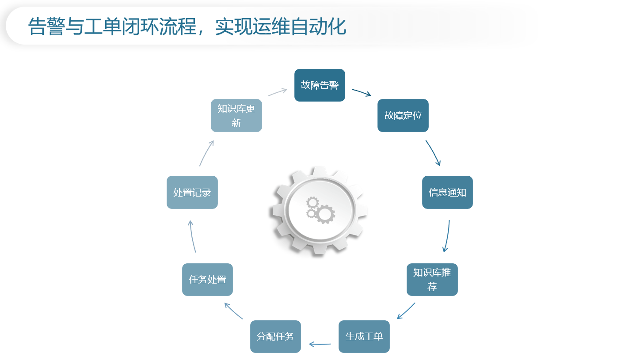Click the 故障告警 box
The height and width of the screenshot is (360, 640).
320,85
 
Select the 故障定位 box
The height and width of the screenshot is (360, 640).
403,115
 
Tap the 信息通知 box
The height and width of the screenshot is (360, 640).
447,192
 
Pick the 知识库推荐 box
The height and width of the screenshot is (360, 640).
432,280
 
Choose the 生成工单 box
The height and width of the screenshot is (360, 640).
364,336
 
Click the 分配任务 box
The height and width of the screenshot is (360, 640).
275,336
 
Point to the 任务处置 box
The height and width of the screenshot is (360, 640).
207,280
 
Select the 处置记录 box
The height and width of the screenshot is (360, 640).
192,192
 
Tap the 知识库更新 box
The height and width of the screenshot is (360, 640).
236,115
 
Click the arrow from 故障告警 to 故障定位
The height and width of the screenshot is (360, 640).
361,92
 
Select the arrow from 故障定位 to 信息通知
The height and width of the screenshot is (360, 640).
433,153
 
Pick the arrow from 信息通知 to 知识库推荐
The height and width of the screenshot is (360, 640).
447,236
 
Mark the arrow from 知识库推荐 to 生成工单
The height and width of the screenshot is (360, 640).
406,311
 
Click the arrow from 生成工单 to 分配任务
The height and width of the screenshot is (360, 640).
320,344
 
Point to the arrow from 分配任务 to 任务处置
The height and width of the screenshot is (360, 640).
233,311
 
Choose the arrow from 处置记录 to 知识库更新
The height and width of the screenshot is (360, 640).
206,153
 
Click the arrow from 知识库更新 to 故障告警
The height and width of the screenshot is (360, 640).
278,92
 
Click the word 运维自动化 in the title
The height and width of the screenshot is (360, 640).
299,27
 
